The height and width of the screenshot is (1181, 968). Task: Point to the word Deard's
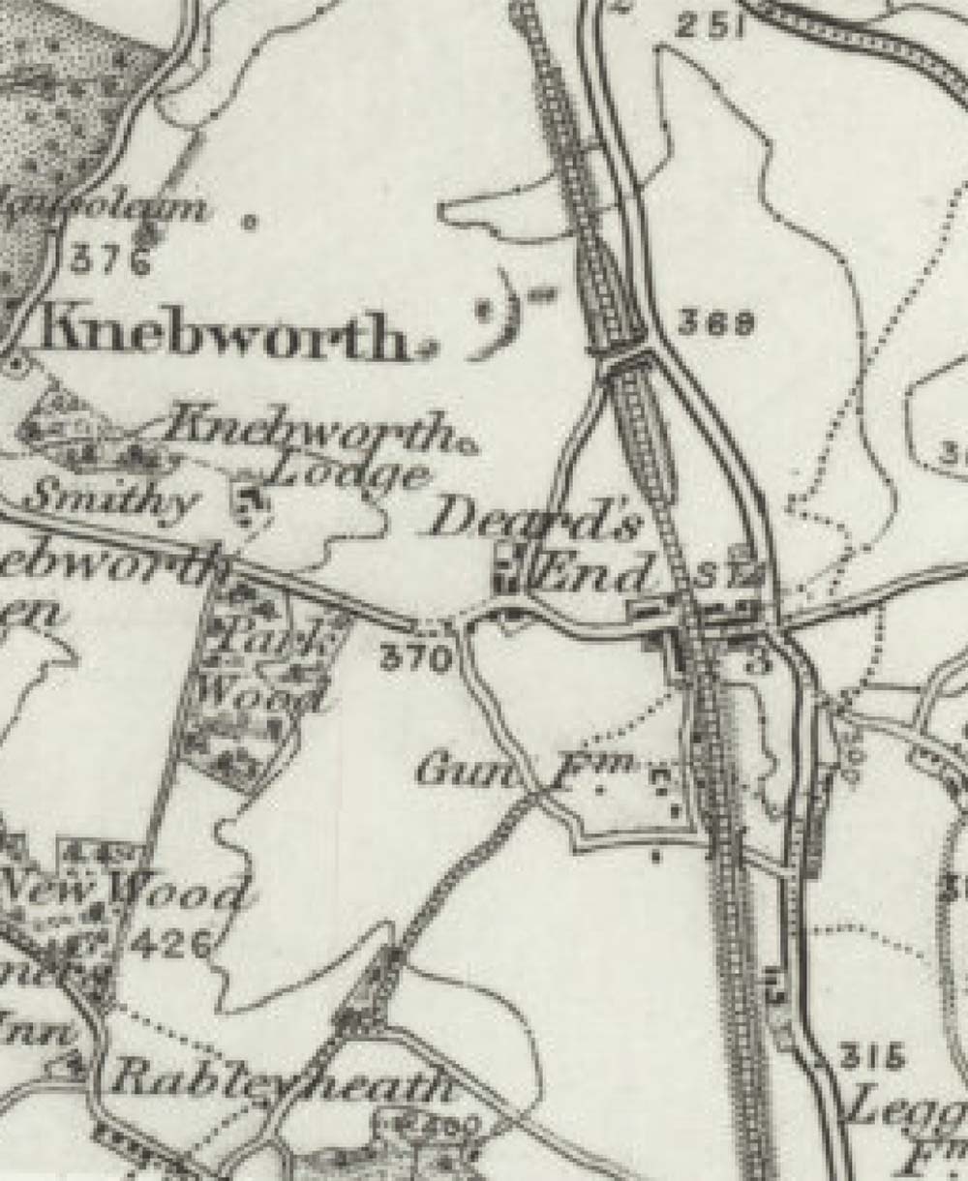tap(535, 523)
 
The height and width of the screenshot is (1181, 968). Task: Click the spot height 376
tap(112, 261)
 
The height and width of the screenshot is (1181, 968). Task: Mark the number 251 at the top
tap(710, 26)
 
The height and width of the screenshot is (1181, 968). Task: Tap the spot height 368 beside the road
tap(716, 323)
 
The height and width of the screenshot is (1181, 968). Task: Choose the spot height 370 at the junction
tap(416, 659)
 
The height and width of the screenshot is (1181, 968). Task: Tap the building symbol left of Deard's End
tap(507, 570)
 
